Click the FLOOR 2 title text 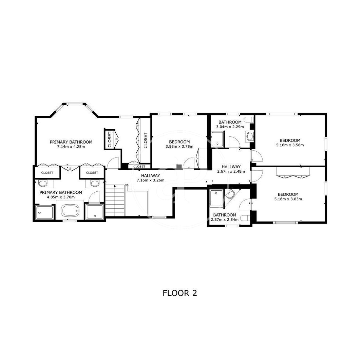click(x=180, y=293)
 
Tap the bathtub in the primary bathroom click(x=70, y=210)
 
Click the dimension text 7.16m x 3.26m click(x=150, y=180)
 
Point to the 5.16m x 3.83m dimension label click(x=288, y=199)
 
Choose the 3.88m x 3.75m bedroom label click(x=179, y=147)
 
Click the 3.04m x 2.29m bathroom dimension click(x=230, y=127)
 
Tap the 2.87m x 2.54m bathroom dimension click(x=225, y=220)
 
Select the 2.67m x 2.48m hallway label click(x=231, y=171)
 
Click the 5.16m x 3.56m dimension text click(x=290, y=145)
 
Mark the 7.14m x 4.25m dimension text click(x=71, y=147)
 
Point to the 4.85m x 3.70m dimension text click(x=61, y=197)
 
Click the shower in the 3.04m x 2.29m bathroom click(x=217, y=139)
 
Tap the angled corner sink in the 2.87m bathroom click(x=230, y=195)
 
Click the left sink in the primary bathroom click(x=43, y=183)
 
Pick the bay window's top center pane click(x=74, y=104)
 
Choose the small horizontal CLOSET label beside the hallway click(x=139, y=167)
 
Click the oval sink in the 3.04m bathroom click(x=250, y=136)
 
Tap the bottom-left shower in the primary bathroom click(x=44, y=212)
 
